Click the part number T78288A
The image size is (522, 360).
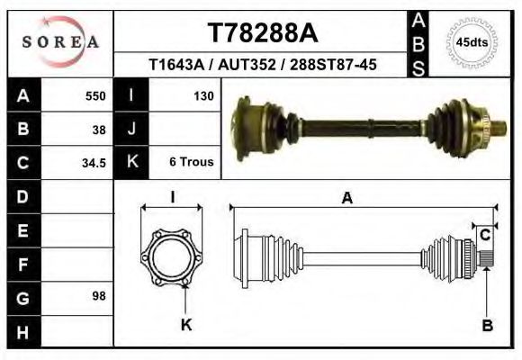tap(263, 33)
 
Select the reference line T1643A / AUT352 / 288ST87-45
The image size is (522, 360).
tap(263, 66)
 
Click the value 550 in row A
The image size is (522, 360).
tap(95, 95)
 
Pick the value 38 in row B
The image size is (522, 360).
tap(99, 129)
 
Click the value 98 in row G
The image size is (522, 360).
tap(99, 296)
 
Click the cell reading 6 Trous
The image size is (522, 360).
tap(191, 163)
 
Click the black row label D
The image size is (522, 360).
tap(22, 196)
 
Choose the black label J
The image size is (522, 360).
tap(132, 129)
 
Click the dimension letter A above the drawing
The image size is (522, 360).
tap(346, 199)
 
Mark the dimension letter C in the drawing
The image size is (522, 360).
tap(484, 236)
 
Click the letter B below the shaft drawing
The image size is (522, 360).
tap(487, 326)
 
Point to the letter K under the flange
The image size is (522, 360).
tap(186, 326)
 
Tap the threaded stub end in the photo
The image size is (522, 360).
tap(493, 130)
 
